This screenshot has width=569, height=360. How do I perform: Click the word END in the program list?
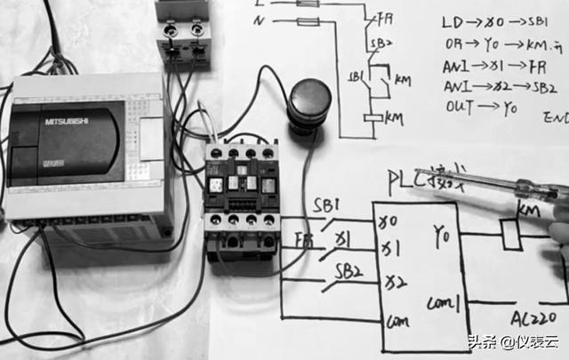tap(557, 117)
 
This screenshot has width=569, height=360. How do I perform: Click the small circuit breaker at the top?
tap(184, 36)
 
